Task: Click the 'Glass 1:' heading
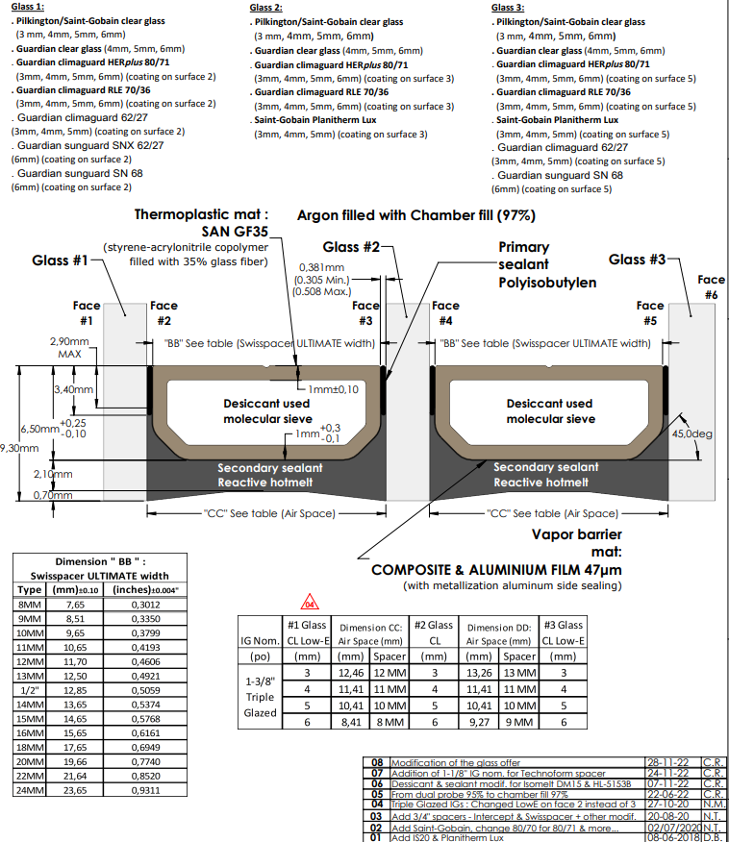pos(28,7)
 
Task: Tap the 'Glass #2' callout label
pos(350,247)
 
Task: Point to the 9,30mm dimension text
pos(19,447)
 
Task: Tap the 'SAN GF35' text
pos(235,232)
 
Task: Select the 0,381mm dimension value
pos(322,268)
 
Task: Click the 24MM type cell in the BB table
pos(31,790)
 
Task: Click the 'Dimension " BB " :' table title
pos(92,560)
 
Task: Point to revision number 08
pos(377,759)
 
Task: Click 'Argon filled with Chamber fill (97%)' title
pos(415,214)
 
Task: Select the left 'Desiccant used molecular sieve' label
pos(267,411)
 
